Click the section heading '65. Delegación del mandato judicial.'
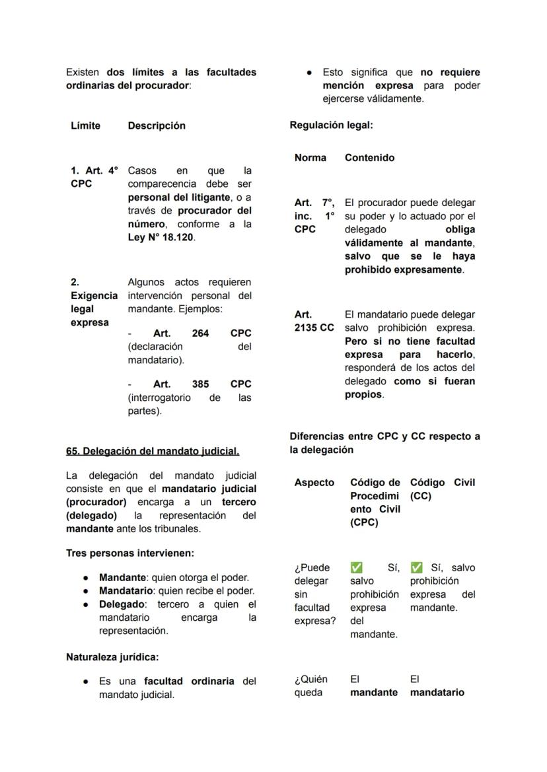pyautogui.click(x=153, y=451)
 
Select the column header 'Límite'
pyautogui.click(x=86, y=125)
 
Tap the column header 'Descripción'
pyautogui.click(x=157, y=125)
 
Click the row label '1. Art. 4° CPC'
pyautogui.click(x=94, y=177)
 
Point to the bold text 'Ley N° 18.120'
pyautogui.click(x=161, y=238)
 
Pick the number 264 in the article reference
pyautogui.click(x=200, y=333)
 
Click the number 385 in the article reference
pyautogui.click(x=200, y=384)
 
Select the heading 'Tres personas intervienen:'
pyautogui.click(x=129, y=553)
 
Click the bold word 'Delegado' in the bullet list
pyautogui.click(x=122, y=604)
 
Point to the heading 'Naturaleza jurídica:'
pyautogui.click(x=112, y=657)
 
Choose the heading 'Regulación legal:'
pyautogui.click(x=331, y=125)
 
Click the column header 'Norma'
pyautogui.click(x=310, y=158)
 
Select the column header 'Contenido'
pyautogui.click(x=369, y=158)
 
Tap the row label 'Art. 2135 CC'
pyautogui.click(x=314, y=321)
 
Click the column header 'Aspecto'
pyautogui.click(x=314, y=483)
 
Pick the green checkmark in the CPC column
pyautogui.click(x=356, y=568)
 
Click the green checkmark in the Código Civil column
pyautogui.click(x=416, y=568)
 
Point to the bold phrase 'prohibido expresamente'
pyautogui.click(x=403, y=269)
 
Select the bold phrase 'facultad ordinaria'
pyautogui.click(x=189, y=681)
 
